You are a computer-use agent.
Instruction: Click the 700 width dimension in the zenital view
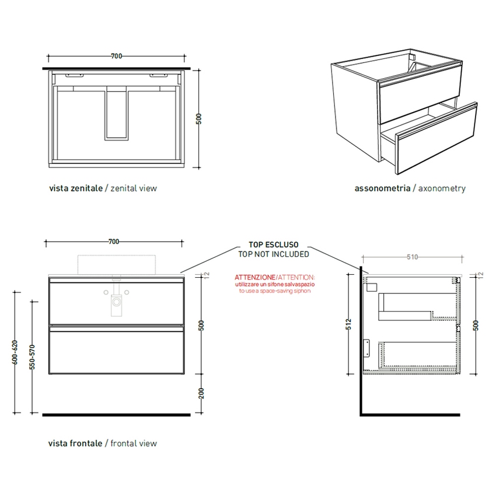[116, 56]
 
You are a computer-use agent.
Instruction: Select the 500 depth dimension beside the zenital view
[199, 119]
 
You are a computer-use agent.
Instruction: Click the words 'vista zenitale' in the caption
[75, 188]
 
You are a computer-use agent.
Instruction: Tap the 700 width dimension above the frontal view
[114, 242]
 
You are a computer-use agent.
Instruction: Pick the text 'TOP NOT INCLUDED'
[274, 254]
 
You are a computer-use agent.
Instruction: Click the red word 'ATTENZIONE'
[254, 277]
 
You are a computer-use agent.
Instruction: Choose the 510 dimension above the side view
[412, 256]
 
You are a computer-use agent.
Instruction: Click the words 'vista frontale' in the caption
[75, 443]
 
